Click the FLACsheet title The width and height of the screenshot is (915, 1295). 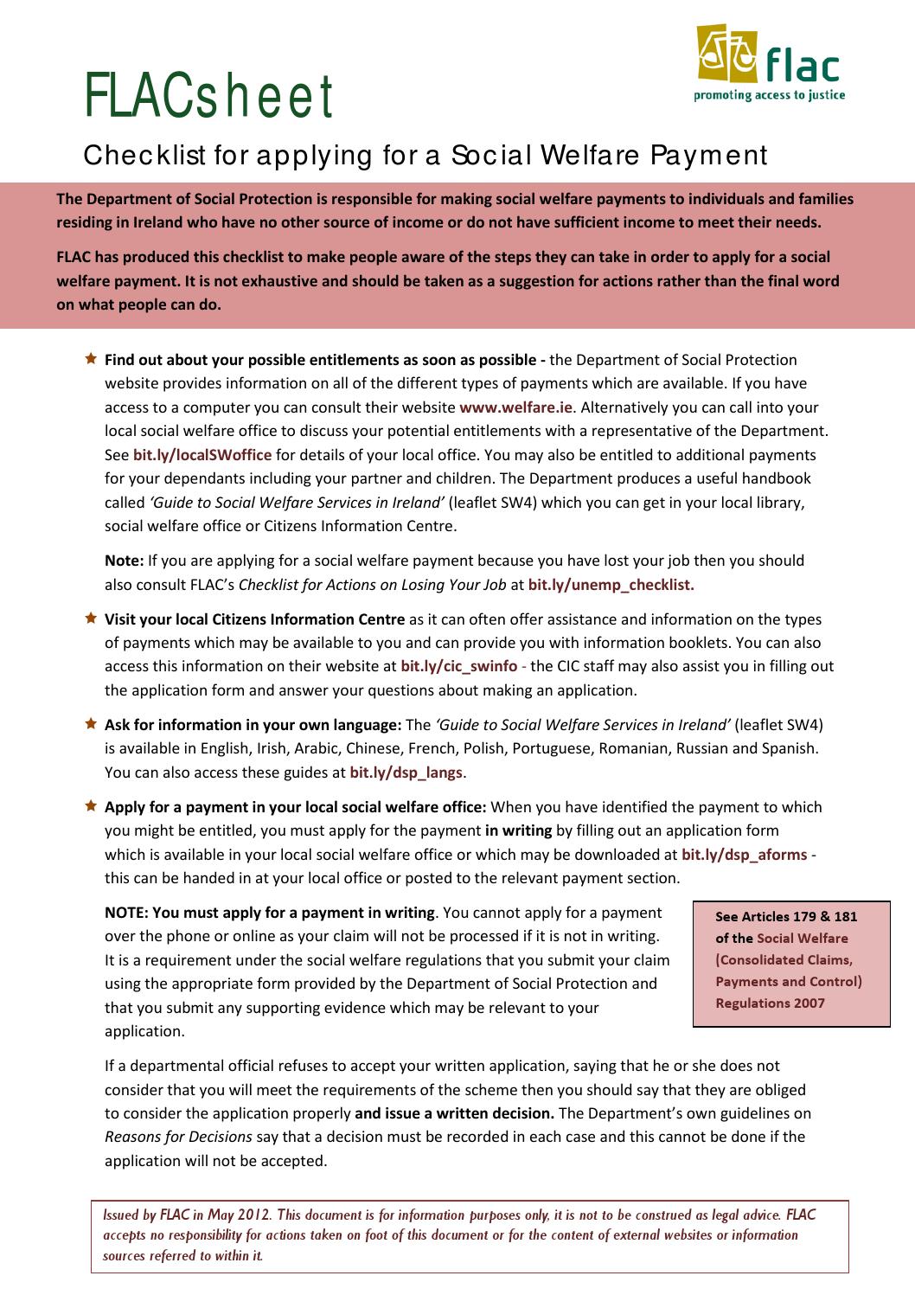(x=208, y=97)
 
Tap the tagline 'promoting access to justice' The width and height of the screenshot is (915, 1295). (x=770, y=95)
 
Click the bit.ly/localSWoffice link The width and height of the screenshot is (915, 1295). (x=202, y=455)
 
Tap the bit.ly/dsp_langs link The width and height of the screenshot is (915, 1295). (x=406, y=773)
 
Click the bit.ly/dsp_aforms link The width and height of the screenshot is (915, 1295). (x=745, y=855)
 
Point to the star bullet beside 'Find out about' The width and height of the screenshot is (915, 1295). (x=91, y=358)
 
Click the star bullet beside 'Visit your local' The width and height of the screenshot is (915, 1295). (x=91, y=619)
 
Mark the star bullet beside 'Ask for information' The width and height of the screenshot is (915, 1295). (x=91, y=724)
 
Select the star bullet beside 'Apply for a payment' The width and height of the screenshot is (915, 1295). (x=91, y=806)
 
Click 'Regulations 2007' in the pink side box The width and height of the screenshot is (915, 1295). (x=770, y=1003)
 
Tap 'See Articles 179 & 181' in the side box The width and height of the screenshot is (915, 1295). (x=786, y=917)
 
